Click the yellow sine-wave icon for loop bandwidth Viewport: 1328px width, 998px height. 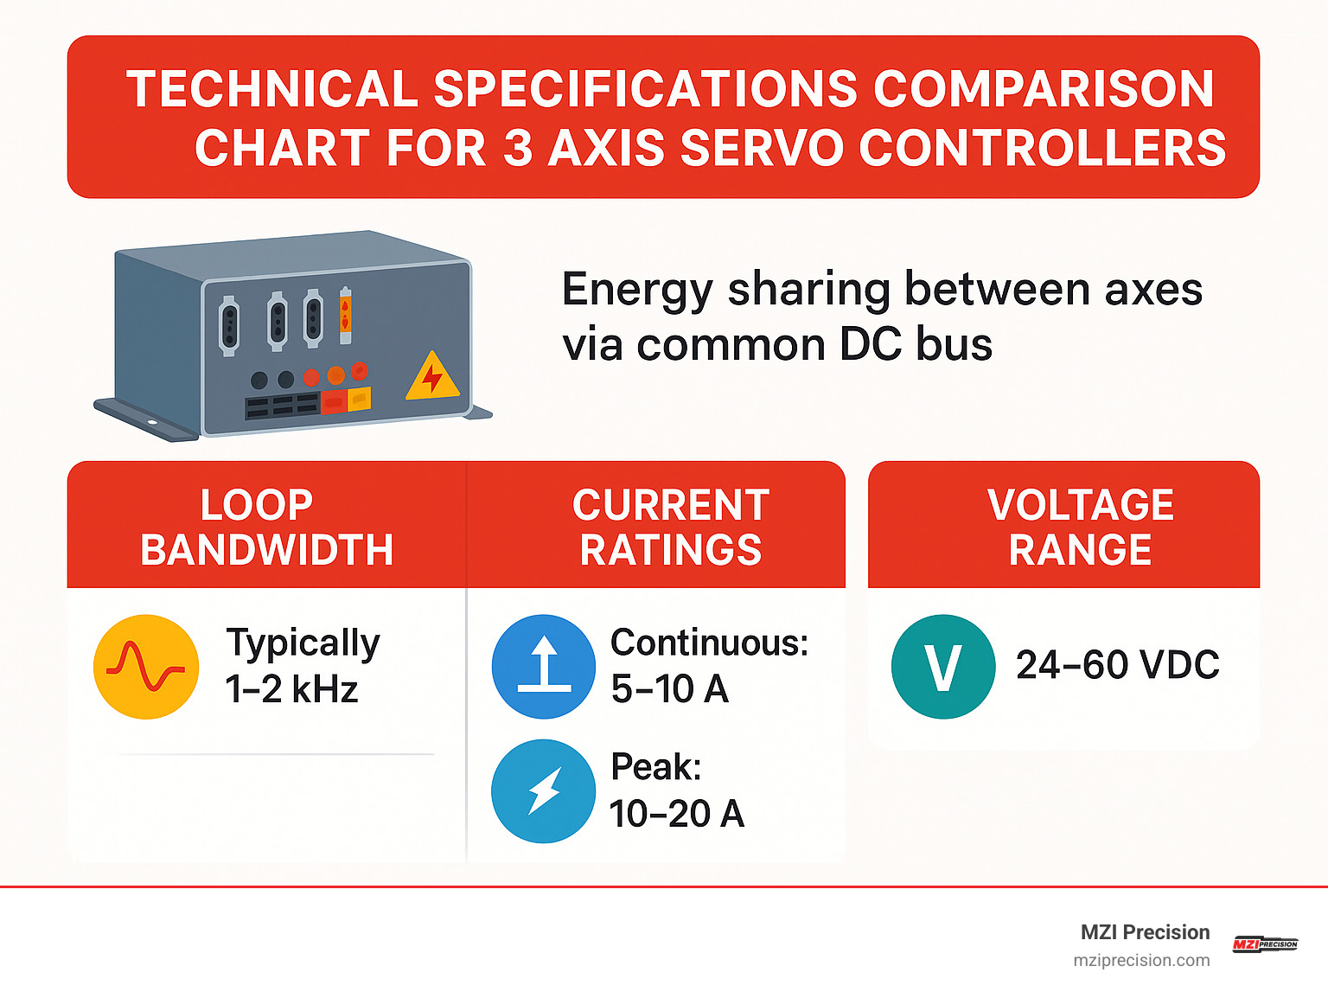[x=146, y=667]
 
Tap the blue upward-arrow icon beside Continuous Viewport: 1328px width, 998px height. [x=544, y=667]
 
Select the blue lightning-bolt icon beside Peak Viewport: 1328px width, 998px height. [x=544, y=790]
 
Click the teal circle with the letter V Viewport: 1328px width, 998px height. [x=942, y=667]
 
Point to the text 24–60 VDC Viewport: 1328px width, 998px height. [x=1117, y=665]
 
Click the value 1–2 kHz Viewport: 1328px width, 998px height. [x=291, y=689]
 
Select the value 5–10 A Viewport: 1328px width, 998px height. [x=669, y=689]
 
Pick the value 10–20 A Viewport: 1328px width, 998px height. [x=676, y=813]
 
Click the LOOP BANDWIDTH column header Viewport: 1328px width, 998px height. [x=266, y=527]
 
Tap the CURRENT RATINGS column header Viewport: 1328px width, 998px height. [x=671, y=527]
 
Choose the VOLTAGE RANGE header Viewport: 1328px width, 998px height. [x=1080, y=527]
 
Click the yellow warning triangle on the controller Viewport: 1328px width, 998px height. [x=432, y=378]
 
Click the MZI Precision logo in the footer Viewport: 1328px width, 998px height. [x=1265, y=944]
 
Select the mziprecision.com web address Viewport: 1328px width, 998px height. [x=1141, y=960]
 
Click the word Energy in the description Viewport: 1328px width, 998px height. [x=637, y=289]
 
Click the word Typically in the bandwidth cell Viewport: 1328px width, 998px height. [x=303, y=643]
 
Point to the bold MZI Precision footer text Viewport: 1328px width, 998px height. [x=1145, y=932]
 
